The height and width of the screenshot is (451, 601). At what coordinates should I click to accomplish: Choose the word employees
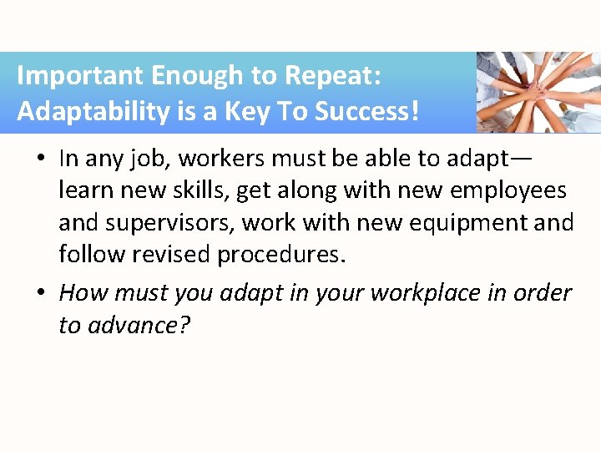tap(508, 190)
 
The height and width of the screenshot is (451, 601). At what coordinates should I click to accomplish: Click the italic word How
tap(83, 292)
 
